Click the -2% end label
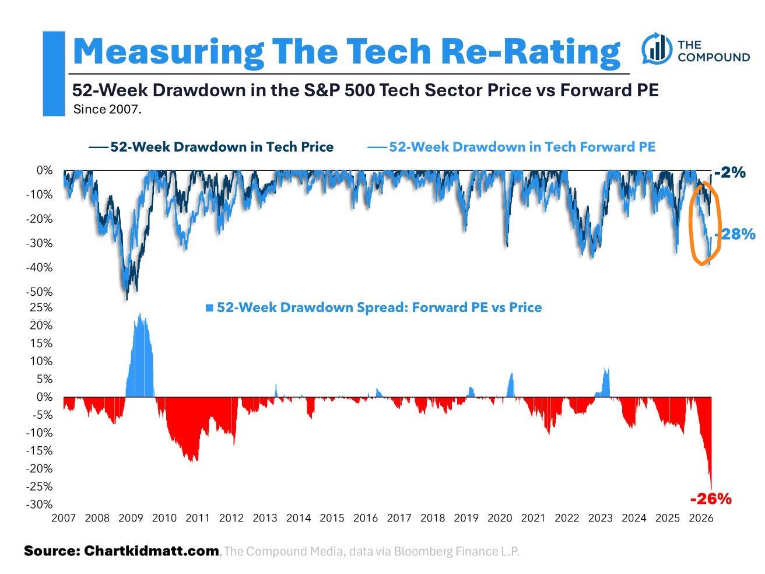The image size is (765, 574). click(730, 172)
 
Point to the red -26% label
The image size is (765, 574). click(710, 499)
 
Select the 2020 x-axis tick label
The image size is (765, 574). click(500, 517)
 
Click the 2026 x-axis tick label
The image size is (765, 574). click(701, 517)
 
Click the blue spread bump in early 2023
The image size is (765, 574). click(606, 382)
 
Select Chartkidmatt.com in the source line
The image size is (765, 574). click(152, 551)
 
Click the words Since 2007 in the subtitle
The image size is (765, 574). click(107, 109)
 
